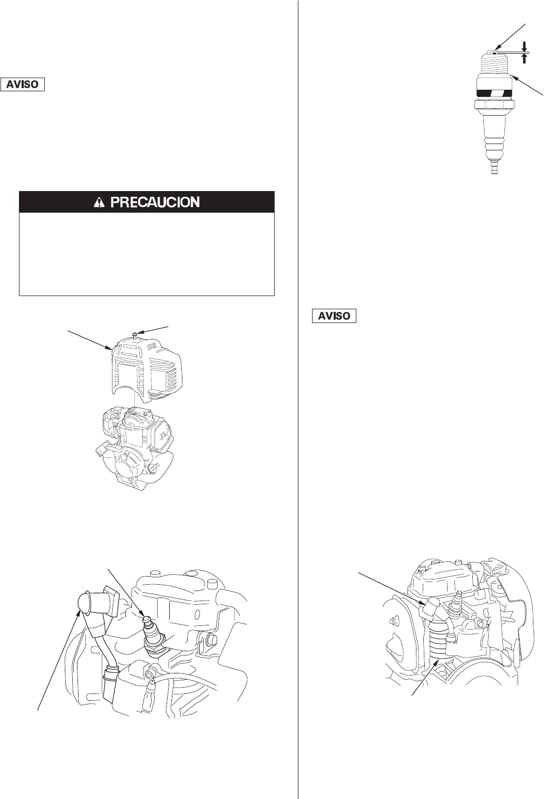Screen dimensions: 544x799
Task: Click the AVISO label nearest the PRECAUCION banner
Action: click(x=23, y=84)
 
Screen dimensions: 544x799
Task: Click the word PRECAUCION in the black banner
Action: click(x=154, y=202)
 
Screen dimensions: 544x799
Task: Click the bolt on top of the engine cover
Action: click(x=135, y=334)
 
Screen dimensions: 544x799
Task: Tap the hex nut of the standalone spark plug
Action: click(x=495, y=106)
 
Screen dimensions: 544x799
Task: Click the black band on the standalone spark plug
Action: click(x=495, y=93)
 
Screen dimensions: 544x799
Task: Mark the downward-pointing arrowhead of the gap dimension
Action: click(x=524, y=45)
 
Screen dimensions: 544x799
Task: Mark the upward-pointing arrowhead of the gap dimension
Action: click(x=524, y=57)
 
